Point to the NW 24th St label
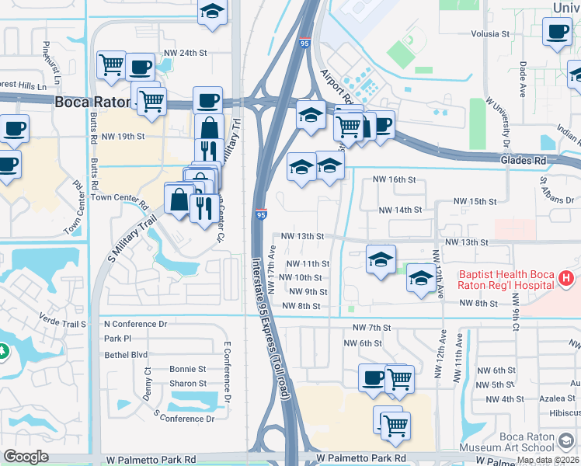pyautogui.click(x=186, y=53)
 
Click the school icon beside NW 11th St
pyautogui.click(x=381, y=260)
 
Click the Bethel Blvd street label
pyautogui.click(x=126, y=354)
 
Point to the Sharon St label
pyautogui.click(x=188, y=384)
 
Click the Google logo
pyautogui.click(x=26, y=457)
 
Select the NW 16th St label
pyautogui.click(x=395, y=179)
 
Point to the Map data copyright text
pyautogui.click(x=548, y=460)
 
